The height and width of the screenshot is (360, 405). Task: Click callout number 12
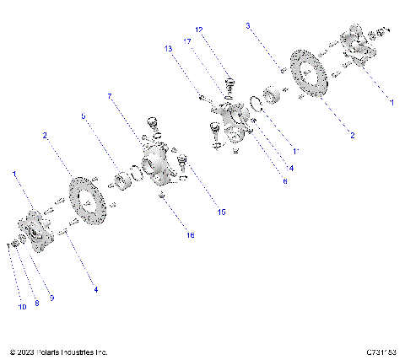click(199, 30)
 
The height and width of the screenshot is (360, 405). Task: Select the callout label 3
click(248, 26)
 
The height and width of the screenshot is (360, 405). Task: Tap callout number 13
click(168, 49)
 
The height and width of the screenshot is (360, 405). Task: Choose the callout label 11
click(295, 151)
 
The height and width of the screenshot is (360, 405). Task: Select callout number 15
click(222, 212)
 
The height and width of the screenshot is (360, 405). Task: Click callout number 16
click(190, 235)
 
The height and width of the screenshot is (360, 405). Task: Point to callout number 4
click(95, 289)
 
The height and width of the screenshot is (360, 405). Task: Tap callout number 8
click(36, 303)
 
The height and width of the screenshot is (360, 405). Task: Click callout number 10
click(22, 308)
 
